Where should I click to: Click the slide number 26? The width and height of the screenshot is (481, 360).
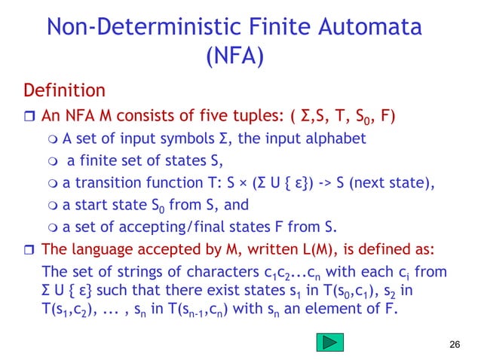(452, 344)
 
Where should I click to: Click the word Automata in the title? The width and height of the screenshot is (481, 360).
(368, 27)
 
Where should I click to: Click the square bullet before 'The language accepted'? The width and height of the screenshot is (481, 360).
(29, 249)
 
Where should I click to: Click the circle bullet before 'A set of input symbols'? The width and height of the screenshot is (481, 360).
(51, 138)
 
